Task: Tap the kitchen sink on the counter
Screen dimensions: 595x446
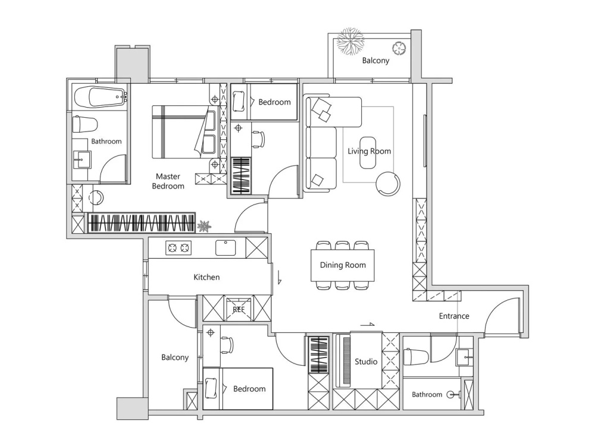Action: (x=226, y=247)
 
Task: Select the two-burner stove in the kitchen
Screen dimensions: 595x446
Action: (x=178, y=248)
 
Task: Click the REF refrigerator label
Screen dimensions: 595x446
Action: (x=239, y=309)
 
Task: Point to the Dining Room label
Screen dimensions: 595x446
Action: (x=343, y=265)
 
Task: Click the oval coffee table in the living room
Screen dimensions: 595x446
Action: (x=368, y=152)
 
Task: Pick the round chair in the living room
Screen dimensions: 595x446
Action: (x=388, y=184)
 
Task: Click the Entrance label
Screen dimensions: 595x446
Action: (x=454, y=316)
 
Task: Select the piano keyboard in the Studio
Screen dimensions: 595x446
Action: (x=346, y=361)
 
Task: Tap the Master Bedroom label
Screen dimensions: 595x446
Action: (x=168, y=181)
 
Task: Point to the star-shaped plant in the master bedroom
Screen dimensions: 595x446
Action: (x=204, y=226)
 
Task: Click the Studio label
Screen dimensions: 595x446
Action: (x=366, y=362)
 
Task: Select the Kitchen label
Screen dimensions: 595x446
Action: (x=206, y=277)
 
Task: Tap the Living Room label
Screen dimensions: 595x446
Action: (x=369, y=151)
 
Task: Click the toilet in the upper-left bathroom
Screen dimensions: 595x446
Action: (x=85, y=124)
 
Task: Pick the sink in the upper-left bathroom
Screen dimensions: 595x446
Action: (x=82, y=159)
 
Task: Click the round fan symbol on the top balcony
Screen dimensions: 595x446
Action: (x=399, y=48)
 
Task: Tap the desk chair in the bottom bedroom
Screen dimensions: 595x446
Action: (x=227, y=345)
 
